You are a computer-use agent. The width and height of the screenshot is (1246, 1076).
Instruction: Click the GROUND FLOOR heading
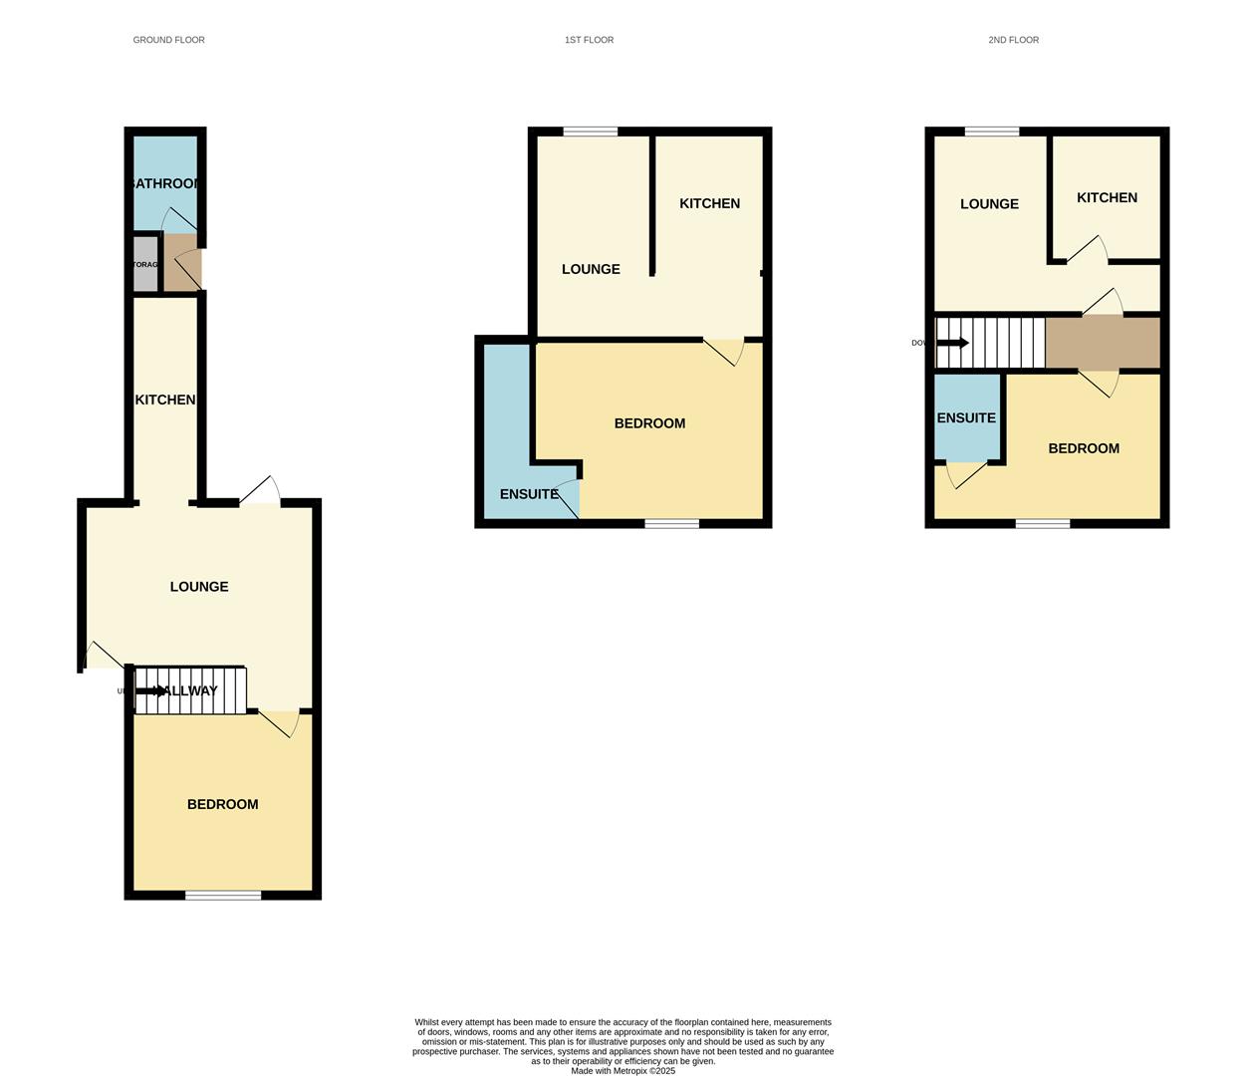[168, 40]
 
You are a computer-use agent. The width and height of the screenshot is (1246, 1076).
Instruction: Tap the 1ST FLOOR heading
[589, 40]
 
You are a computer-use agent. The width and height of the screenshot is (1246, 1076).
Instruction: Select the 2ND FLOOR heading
[1013, 40]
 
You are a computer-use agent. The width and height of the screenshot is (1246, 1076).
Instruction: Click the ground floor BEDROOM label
[222, 804]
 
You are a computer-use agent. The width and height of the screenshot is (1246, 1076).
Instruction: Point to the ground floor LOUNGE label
[199, 587]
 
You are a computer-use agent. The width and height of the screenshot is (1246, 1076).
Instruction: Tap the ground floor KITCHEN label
[165, 400]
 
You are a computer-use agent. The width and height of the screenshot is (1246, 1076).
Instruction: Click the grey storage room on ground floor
[145, 264]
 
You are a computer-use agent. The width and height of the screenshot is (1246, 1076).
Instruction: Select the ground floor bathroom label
[165, 183]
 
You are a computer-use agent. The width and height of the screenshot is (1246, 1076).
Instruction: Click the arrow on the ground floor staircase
[152, 690]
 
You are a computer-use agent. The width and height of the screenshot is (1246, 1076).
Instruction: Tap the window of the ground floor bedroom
[223, 896]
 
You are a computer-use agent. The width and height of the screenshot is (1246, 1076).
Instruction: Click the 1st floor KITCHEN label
[709, 203]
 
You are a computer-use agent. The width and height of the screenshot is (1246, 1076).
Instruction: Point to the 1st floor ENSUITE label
[529, 494]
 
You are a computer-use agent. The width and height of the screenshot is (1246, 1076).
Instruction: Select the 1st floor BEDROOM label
[649, 423]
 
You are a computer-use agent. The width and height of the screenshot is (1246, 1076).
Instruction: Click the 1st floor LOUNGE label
[591, 269]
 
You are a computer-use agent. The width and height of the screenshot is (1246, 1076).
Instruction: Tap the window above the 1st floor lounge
[590, 131]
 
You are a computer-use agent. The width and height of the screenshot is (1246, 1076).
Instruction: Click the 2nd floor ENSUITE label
[966, 417]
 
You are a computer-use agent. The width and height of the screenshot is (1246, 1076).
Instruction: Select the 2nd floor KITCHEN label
[1107, 197]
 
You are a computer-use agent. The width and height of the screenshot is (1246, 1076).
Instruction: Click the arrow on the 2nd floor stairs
[953, 343]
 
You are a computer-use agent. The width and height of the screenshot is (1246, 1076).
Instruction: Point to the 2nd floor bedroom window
[1043, 523]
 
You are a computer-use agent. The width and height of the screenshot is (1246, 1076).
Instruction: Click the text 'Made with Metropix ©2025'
[623, 1071]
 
